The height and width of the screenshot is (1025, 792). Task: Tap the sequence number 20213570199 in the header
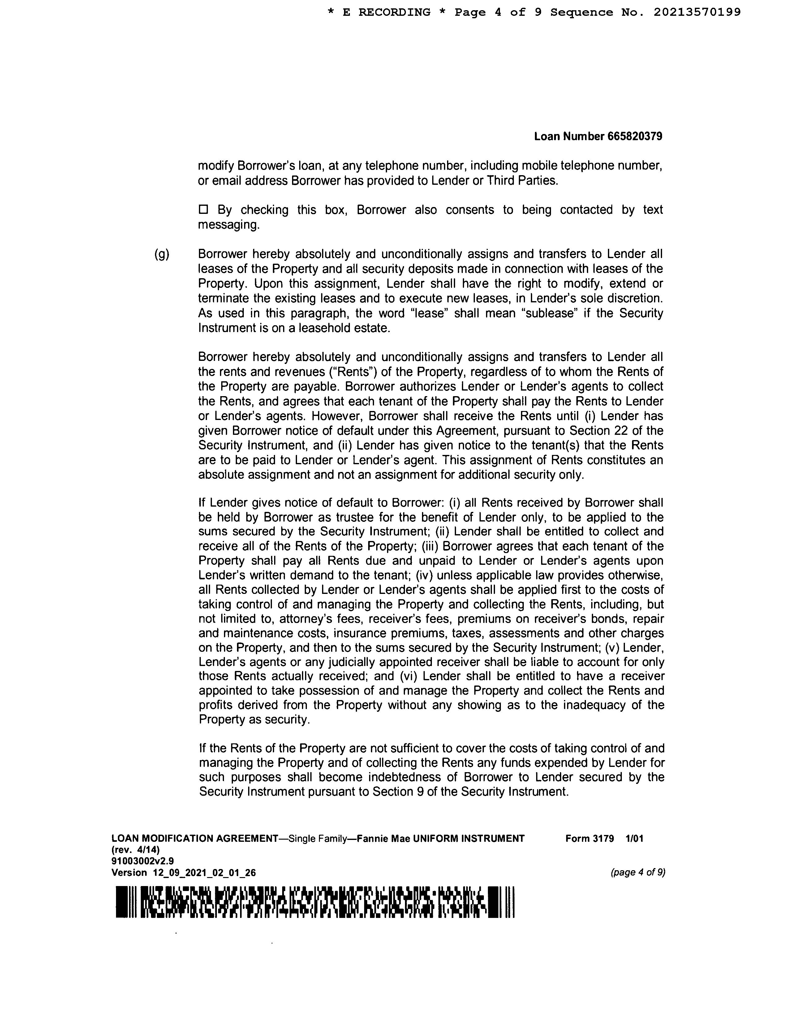pyautogui.click(x=697, y=12)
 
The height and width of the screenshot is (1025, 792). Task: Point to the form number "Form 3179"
pyautogui.click(x=589, y=838)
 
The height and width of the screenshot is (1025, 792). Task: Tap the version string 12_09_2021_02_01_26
pyautogui.click(x=204, y=872)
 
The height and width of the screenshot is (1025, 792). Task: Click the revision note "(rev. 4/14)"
pyautogui.click(x=136, y=850)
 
